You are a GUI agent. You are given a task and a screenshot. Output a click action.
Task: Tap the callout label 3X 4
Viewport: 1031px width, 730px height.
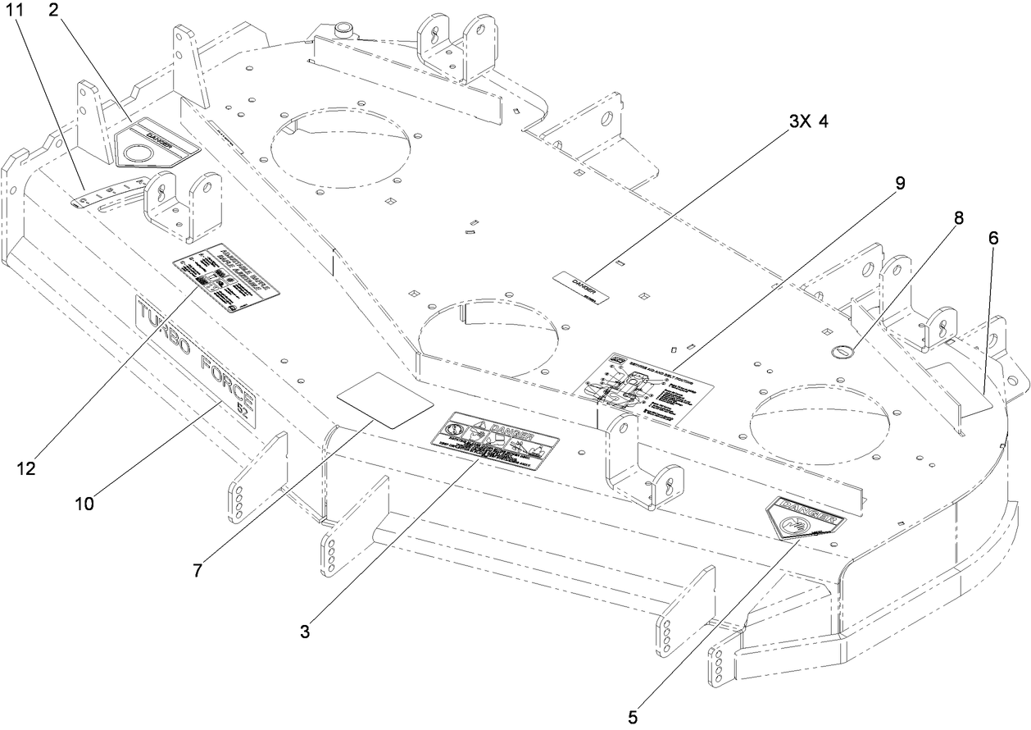point(808,122)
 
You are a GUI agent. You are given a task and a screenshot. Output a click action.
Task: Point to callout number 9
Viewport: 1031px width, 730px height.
point(900,184)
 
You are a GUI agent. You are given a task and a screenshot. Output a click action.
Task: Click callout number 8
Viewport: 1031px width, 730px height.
point(958,218)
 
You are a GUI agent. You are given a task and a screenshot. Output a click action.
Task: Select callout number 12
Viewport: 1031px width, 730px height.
point(26,469)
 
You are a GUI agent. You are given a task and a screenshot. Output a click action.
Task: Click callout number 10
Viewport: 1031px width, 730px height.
point(84,503)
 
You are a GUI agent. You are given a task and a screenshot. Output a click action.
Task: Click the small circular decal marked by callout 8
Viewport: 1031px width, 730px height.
point(843,351)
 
